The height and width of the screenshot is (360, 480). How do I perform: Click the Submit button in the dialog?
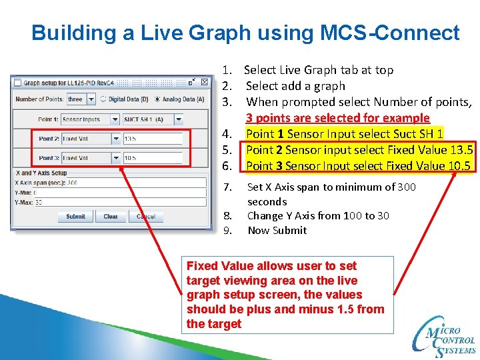[75, 217]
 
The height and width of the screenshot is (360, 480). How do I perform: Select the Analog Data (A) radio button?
[158, 99]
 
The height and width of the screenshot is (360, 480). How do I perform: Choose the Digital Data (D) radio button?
[104, 99]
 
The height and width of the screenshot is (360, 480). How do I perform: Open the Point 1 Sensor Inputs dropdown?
[90, 119]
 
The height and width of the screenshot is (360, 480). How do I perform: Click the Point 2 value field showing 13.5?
[152, 139]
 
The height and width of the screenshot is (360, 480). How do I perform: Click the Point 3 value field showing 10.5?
[152, 158]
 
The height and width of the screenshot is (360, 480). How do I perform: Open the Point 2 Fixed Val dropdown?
[90, 139]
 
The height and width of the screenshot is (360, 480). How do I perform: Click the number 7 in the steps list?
[227, 187]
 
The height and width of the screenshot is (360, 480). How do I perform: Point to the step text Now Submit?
[277, 230]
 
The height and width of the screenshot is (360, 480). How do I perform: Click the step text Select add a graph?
[295, 86]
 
